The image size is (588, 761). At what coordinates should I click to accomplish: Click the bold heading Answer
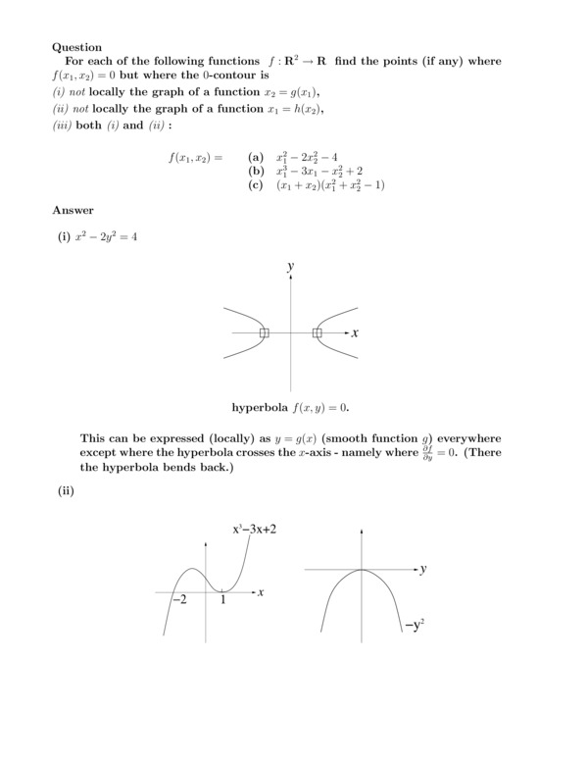coord(73,210)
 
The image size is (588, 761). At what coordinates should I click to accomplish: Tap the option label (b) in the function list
coord(257,171)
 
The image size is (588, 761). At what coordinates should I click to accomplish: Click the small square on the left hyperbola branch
coord(264,333)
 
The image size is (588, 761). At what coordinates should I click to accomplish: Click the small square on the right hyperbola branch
coord(317,333)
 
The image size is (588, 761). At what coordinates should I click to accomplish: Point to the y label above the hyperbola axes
coord(291,266)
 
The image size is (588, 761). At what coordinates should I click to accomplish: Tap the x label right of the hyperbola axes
coord(355,333)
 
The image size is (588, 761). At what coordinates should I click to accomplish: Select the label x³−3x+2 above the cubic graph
coord(262,530)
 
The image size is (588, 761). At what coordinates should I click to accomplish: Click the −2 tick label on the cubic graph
coord(178,600)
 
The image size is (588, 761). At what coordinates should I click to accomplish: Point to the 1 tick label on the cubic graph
coord(223,600)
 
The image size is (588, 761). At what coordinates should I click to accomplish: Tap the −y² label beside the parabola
coord(415,622)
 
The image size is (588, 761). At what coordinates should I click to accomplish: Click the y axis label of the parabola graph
coord(423,569)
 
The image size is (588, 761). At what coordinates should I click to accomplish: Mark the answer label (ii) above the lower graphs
coord(66,492)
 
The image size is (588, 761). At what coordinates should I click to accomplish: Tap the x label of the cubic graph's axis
coord(261,592)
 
